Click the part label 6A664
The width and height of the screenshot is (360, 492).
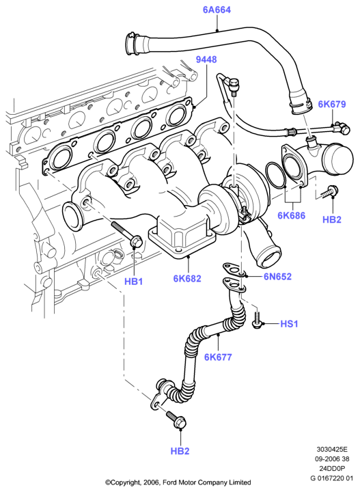217,10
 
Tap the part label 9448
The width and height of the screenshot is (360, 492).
206,59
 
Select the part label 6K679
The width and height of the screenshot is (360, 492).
332,104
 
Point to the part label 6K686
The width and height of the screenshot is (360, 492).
291,215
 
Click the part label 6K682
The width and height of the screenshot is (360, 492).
187,278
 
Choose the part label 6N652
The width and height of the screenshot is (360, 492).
277,277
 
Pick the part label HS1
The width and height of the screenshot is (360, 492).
289,323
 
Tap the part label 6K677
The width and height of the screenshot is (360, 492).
218,357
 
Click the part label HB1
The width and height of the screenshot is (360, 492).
134,282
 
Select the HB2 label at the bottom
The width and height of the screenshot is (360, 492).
180,451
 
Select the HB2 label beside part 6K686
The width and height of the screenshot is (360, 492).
332,219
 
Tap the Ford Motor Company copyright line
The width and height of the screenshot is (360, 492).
178,482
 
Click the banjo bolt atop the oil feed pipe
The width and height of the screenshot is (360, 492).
234,87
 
